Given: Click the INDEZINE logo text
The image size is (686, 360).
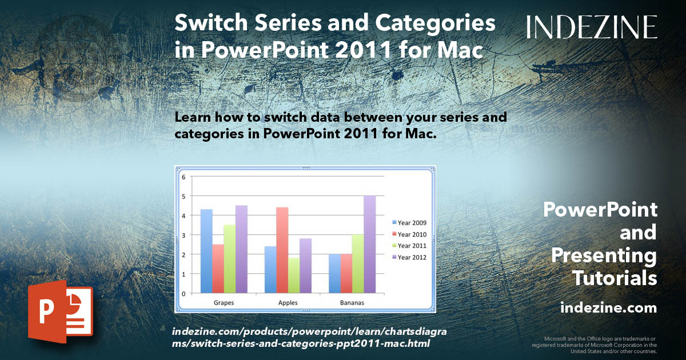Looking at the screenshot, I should pyautogui.click(x=592, y=27).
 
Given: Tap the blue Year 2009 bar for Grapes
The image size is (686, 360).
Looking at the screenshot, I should pyautogui.click(x=206, y=251).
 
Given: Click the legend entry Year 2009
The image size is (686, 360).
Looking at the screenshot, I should pyautogui.click(x=411, y=223).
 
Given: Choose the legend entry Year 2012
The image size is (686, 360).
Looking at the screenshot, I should pyautogui.click(x=411, y=257).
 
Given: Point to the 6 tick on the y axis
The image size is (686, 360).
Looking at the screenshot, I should pyautogui.click(x=184, y=177).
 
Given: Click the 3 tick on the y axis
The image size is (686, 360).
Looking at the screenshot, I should pyautogui.click(x=184, y=235).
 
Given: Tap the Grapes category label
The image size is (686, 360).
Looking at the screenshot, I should pyautogui.click(x=223, y=303).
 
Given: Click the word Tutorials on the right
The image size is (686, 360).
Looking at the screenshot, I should pyautogui.click(x=614, y=278).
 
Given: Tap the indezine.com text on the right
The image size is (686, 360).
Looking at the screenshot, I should pyautogui.click(x=608, y=308).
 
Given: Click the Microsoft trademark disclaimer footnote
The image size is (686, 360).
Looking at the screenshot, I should pyautogui.click(x=594, y=345).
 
